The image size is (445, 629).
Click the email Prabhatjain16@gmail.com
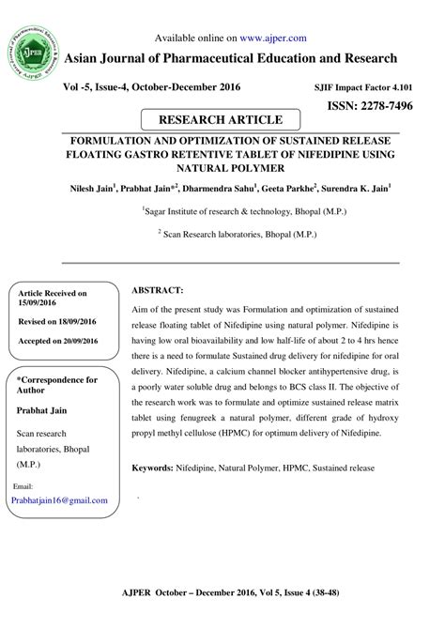[58, 500]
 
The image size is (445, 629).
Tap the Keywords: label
[158, 467]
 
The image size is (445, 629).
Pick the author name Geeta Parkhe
[288, 188]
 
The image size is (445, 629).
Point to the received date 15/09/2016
[37, 302]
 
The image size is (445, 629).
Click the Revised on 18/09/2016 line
[58, 320]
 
